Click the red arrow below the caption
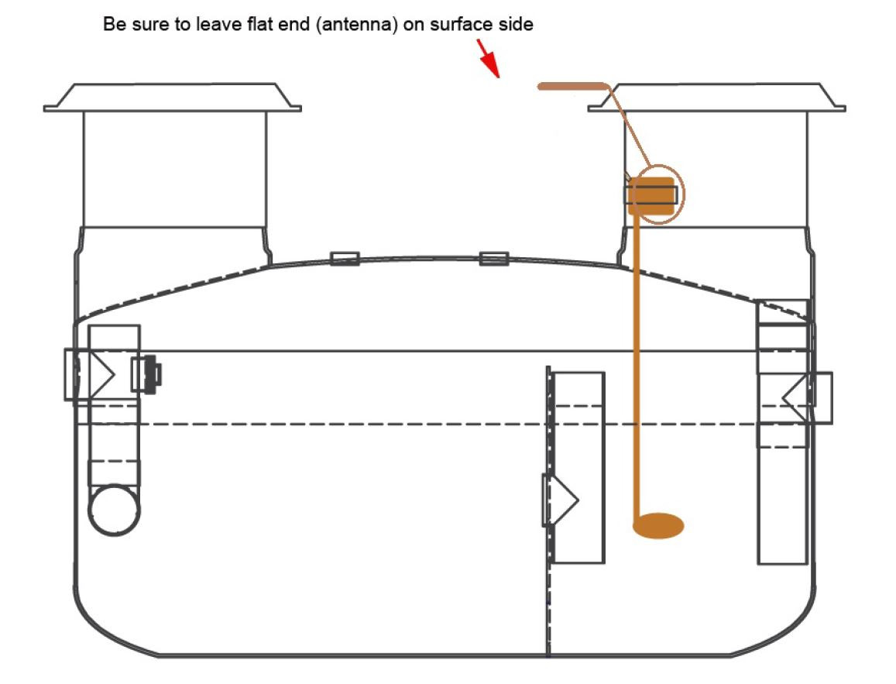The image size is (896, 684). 489,58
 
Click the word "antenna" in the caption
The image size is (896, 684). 356,25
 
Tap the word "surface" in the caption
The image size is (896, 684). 462,24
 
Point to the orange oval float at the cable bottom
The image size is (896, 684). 658,526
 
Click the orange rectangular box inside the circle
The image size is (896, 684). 651,196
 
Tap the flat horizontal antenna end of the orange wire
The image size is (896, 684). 572,86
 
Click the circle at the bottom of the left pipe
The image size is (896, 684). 115,510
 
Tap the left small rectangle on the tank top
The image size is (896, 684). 345,258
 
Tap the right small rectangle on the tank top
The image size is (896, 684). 494,259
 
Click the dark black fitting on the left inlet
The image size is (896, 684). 152,374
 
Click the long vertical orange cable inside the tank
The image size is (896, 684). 637,366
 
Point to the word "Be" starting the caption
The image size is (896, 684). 115,24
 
